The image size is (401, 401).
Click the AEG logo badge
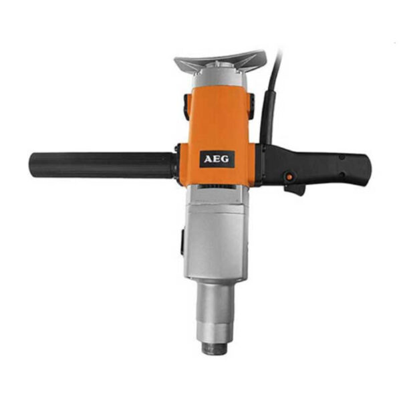[217, 159]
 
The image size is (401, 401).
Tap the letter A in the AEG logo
[208, 159]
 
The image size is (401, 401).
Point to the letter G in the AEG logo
[225, 159]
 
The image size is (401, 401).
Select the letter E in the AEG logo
[217, 159]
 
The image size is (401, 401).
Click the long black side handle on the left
[102, 165]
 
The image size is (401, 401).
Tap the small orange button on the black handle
[289, 176]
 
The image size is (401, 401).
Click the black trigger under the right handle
[295, 188]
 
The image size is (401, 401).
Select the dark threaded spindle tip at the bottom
[215, 348]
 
